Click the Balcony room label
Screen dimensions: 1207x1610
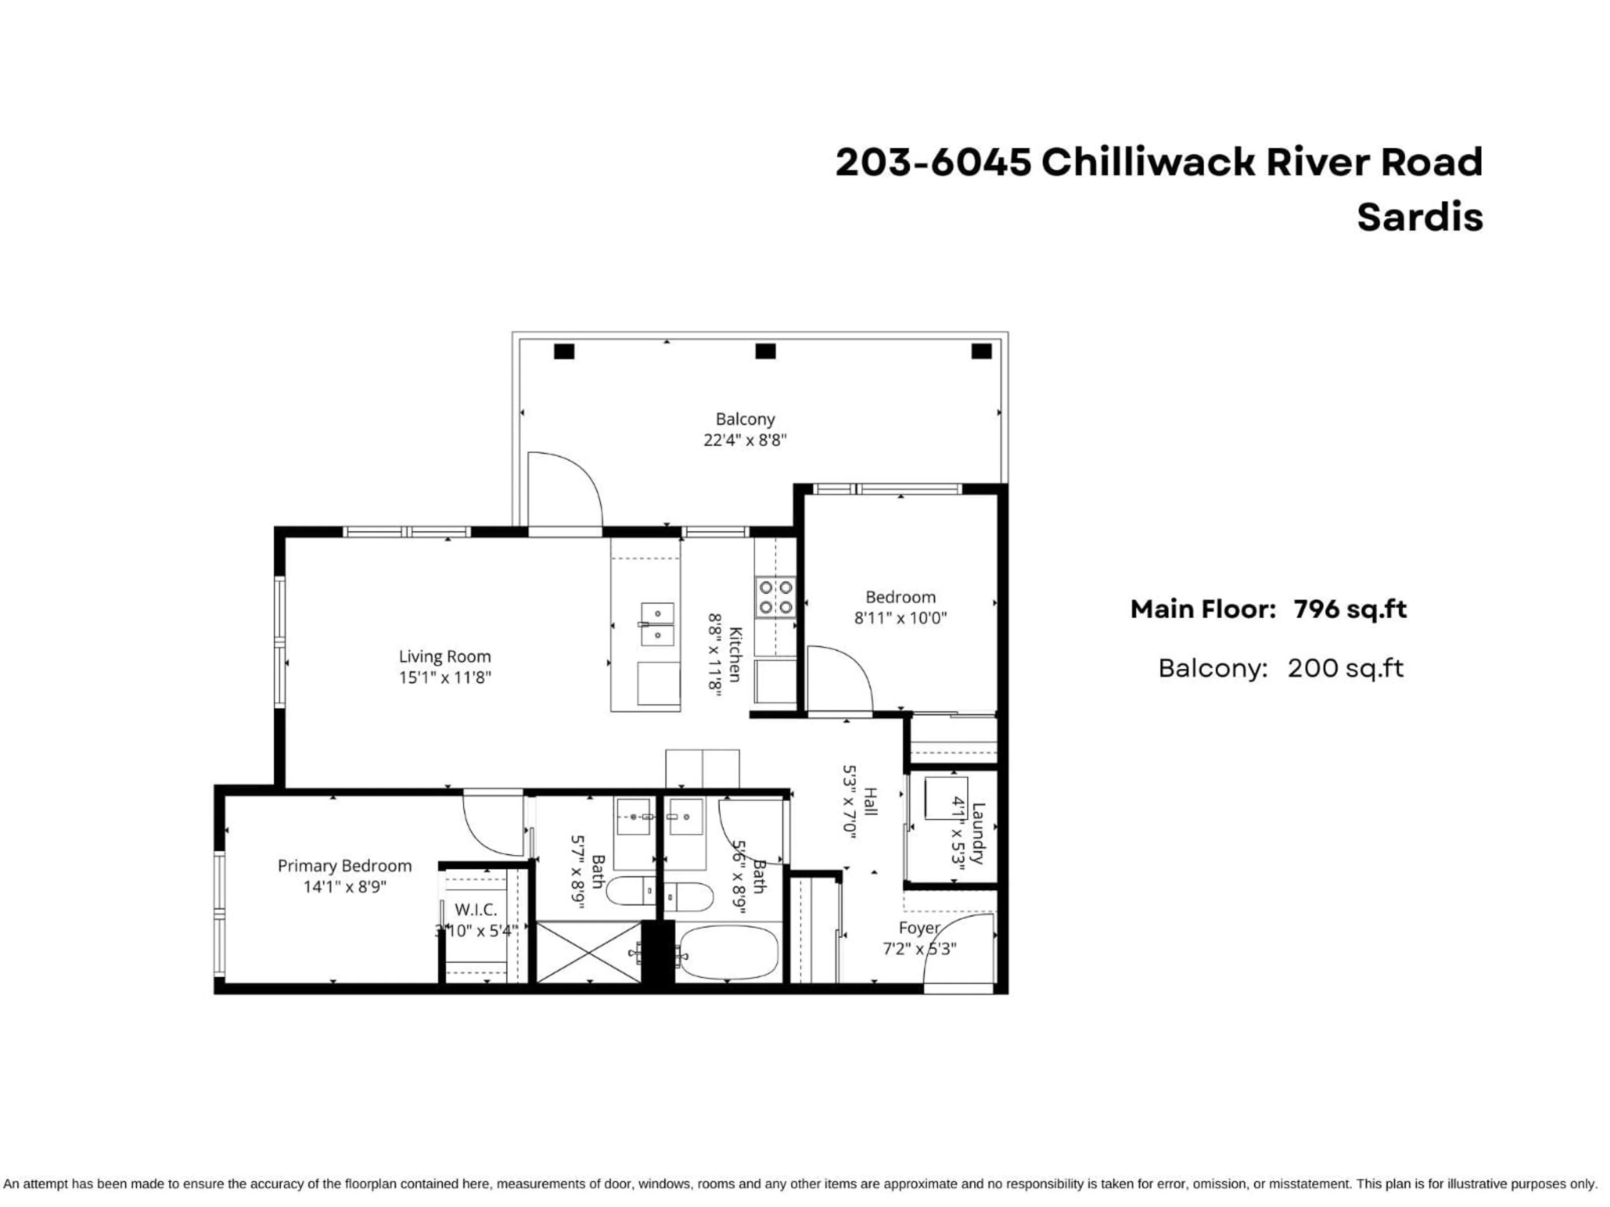pos(745,419)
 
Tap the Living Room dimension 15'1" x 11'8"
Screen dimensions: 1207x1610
pos(445,677)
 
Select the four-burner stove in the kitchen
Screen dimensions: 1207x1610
pos(775,597)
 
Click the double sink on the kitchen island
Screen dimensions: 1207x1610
pos(657,624)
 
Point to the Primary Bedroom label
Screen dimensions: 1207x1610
pos(344,866)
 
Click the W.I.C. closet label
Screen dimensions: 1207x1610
pos(475,909)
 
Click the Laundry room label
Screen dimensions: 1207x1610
pos(977,833)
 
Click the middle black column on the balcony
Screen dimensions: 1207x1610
pos(765,351)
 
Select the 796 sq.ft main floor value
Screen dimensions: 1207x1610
pos(1350,609)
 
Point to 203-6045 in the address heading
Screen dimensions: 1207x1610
pos(933,161)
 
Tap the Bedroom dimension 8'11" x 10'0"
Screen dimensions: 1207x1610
pos(900,618)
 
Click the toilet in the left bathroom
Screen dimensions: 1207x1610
pos(630,891)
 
